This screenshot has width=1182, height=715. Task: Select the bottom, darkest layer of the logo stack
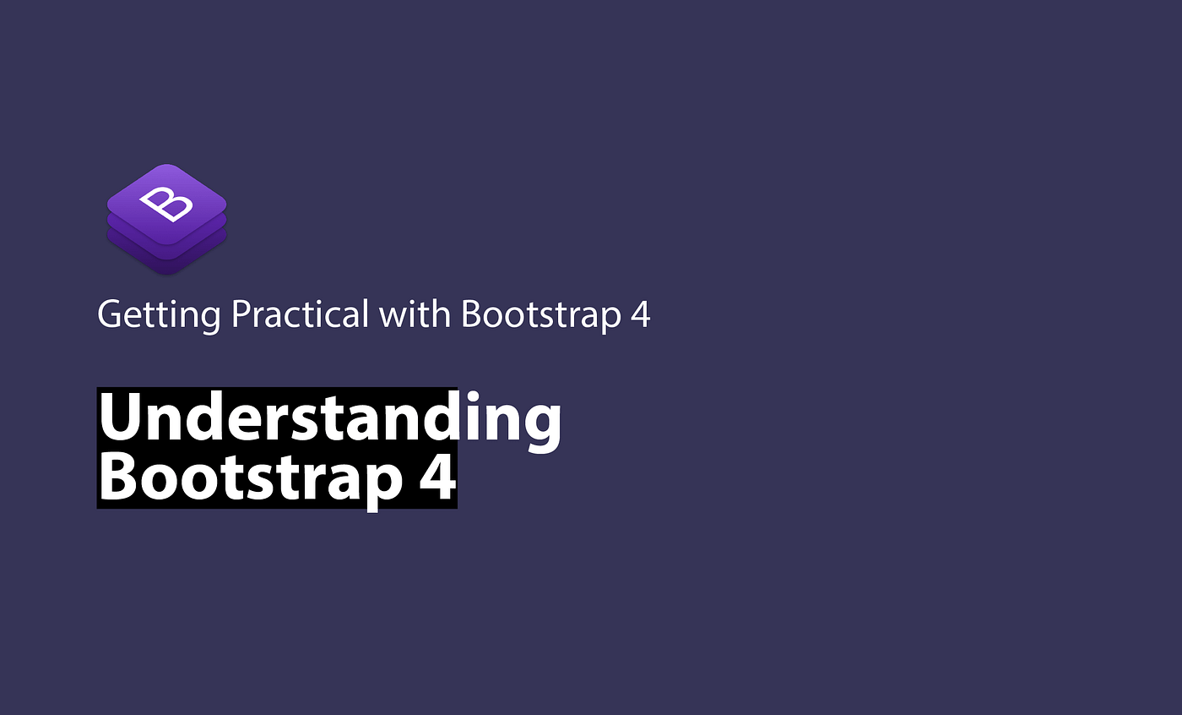pos(166,266)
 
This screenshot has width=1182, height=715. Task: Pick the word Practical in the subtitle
pos(300,314)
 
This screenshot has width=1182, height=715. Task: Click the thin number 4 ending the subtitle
pos(639,314)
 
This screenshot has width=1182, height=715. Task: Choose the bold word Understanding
pos(329,418)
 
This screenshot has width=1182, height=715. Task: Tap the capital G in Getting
pos(111,314)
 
